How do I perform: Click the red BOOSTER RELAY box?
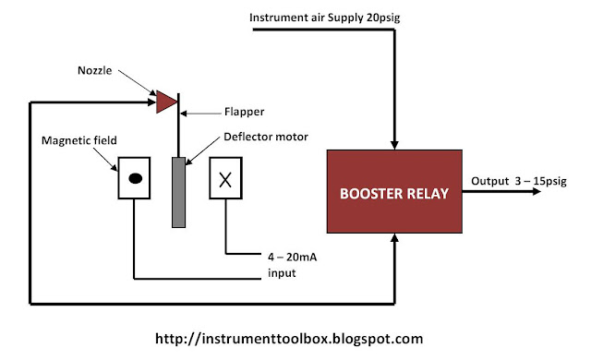[394, 191]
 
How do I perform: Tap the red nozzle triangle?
[166, 102]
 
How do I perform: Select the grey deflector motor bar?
[178, 192]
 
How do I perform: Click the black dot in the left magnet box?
[136, 178]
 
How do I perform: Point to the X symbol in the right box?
[225, 180]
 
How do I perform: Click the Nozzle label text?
[94, 70]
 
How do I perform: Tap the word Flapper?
[244, 112]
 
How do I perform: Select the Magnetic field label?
[79, 140]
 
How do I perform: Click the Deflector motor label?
[266, 137]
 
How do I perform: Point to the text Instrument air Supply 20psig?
[324, 18]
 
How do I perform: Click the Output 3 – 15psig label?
[519, 181]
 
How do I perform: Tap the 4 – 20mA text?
[292, 258]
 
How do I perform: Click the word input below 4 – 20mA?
[282, 273]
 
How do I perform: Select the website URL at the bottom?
[289, 339]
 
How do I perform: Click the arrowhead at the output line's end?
[537, 191]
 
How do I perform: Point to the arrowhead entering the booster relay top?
[394, 145]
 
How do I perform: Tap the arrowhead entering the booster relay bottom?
[394, 237]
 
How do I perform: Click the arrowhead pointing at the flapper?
[184, 113]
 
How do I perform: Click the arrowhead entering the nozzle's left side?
[151, 102]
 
